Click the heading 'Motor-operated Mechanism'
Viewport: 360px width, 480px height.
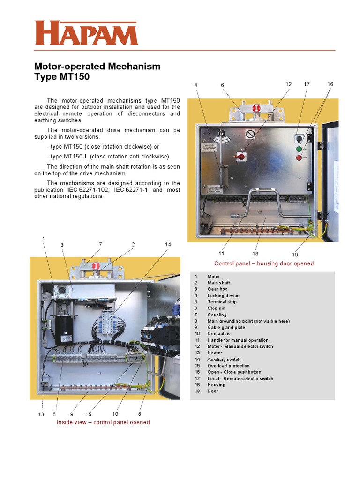pos(97,67)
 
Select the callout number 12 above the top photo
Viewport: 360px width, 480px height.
pos(288,84)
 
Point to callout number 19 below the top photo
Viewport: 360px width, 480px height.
pos(295,255)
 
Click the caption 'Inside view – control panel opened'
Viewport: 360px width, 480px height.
pos(103,422)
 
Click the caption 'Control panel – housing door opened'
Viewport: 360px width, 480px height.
pos(264,263)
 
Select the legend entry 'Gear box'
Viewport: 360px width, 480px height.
pos(217,289)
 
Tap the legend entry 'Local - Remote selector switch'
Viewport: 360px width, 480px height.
pos(240,378)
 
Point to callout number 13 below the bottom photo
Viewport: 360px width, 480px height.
pos(41,414)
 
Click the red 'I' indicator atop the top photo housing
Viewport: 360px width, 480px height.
pos(256,109)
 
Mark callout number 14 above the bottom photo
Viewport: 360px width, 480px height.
pos(168,245)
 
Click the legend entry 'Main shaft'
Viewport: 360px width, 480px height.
pos(218,283)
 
